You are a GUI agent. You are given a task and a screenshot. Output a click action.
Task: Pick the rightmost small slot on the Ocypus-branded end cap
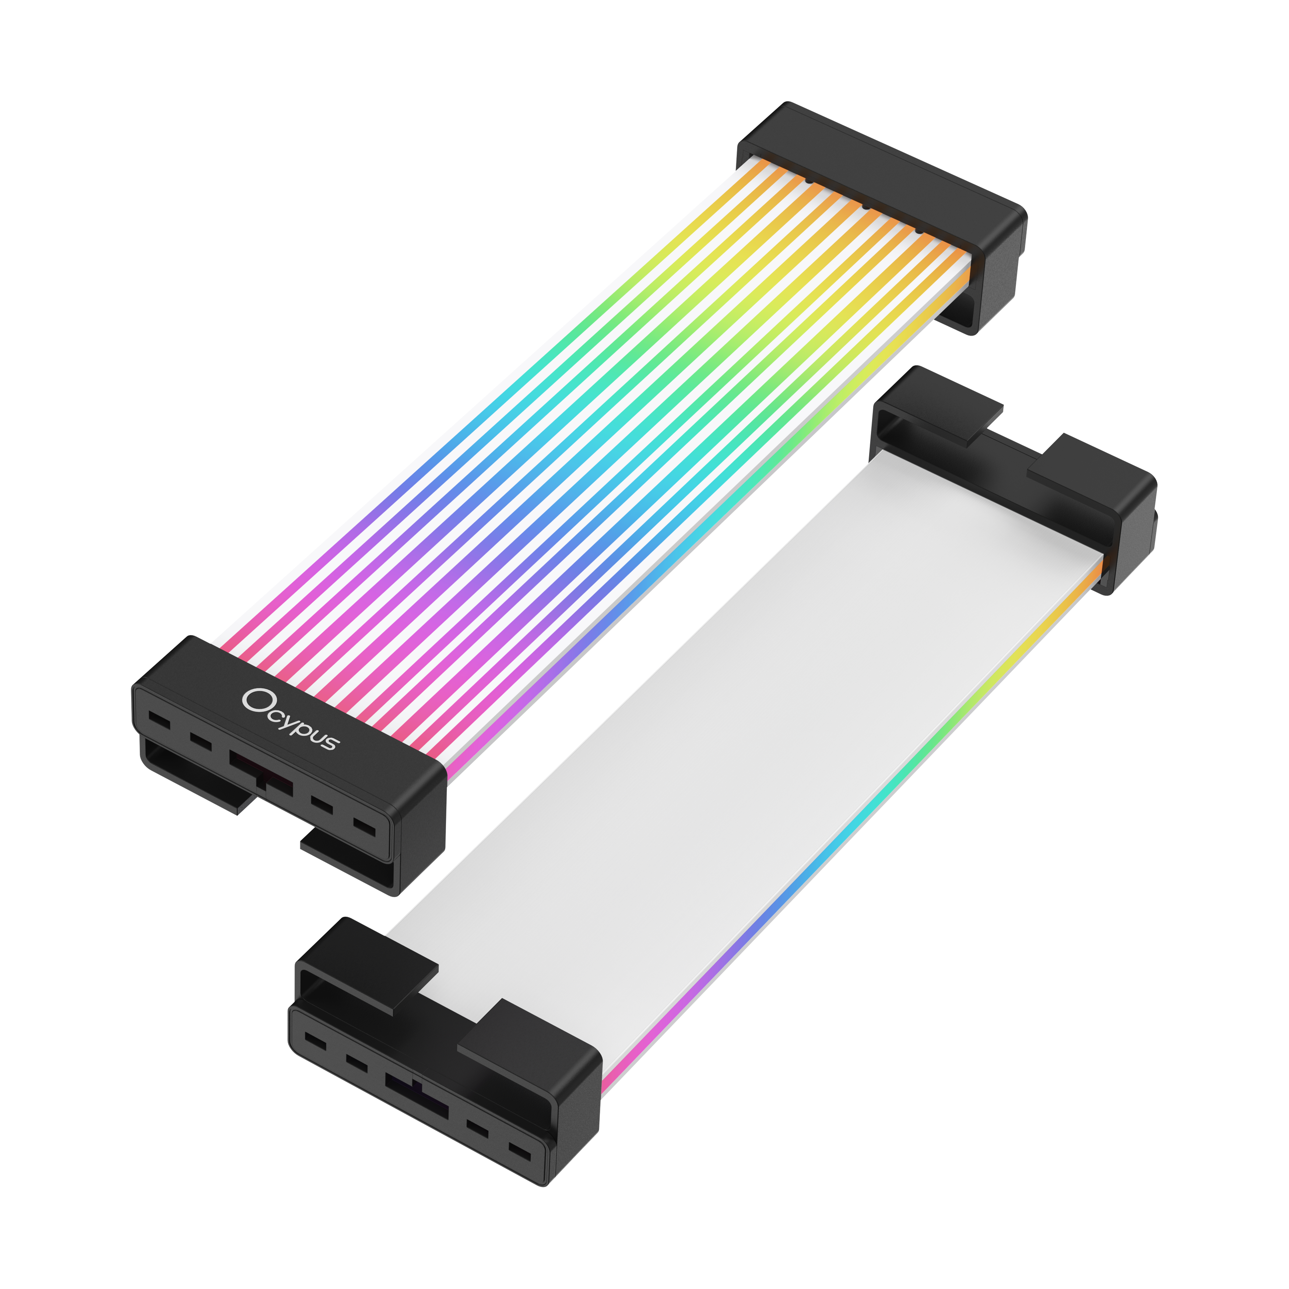click(x=364, y=827)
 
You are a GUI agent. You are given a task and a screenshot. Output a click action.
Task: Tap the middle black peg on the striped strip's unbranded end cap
click(x=865, y=206)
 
